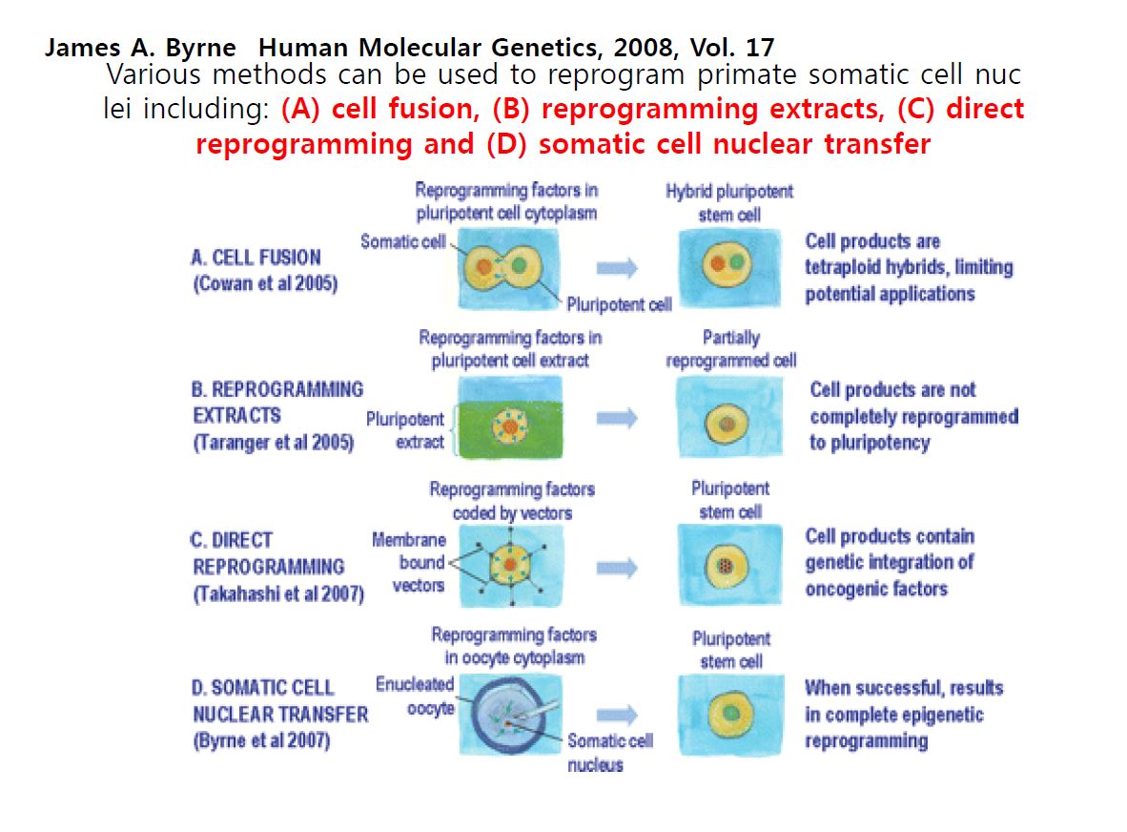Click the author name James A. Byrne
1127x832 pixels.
click(140, 48)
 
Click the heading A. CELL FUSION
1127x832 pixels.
click(256, 258)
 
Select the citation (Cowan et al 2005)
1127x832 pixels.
click(265, 283)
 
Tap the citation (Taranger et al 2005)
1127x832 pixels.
click(274, 442)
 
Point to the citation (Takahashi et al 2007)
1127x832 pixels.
click(278, 594)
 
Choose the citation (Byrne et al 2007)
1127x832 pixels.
click(261, 740)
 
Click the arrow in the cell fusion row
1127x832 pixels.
click(617, 268)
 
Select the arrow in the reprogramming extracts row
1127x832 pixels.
click(617, 418)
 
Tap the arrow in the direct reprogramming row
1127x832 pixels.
click(617, 568)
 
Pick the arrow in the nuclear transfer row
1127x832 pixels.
click(617, 715)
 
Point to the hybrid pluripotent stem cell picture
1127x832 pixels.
click(729, 268)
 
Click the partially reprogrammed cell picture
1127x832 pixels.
click(729, 418)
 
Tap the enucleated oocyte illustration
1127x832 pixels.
click(510, 715)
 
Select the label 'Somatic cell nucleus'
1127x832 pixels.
click(610, 752)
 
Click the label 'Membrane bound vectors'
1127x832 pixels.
click(409, 562)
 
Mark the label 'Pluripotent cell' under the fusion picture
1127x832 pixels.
click(619, 305)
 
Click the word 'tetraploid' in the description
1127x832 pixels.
click(842, 267)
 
